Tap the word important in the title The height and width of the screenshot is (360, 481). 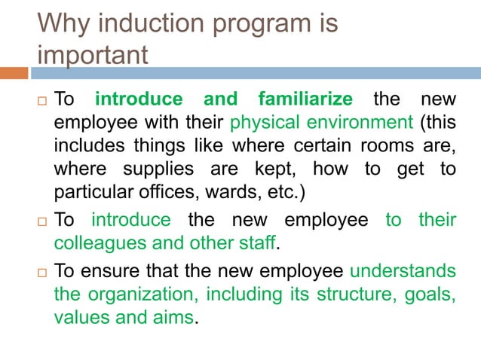[92, 55]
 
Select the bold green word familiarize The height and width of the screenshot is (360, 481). [305, 99]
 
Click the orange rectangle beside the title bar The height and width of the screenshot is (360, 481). [14, 74]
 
